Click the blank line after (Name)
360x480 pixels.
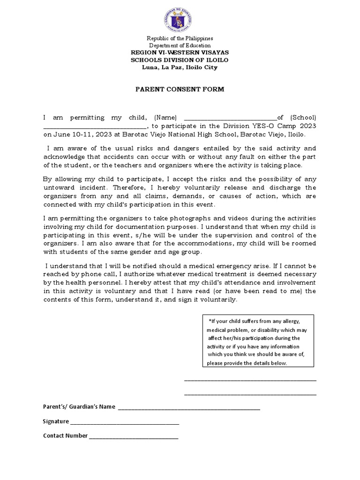coord(228,118)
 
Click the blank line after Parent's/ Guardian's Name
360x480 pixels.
coord(189,407)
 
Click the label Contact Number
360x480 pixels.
coord(65,435)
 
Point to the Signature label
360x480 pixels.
coord(56,421)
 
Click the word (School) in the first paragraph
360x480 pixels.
coord(303,117)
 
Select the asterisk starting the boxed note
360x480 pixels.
coord(210,321)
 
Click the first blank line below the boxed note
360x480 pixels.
coord(250,380)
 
